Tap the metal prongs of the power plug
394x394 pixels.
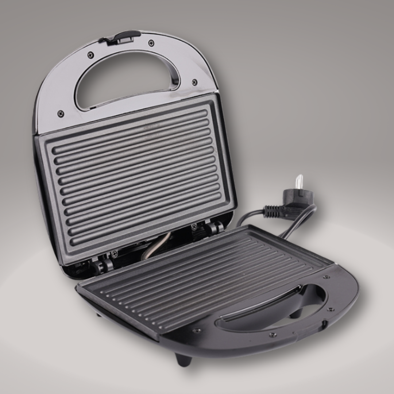pyautogui.click(x=299, y=182)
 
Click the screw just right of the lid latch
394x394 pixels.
pyautogui.click(x=151, y=43)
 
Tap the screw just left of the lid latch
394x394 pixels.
pyautogui.click(x=90, y=55)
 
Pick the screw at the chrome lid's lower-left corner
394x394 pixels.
pyautogui.click(x=61, y=113)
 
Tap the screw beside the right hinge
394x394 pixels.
pyautogui.click(x=194, y=227)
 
